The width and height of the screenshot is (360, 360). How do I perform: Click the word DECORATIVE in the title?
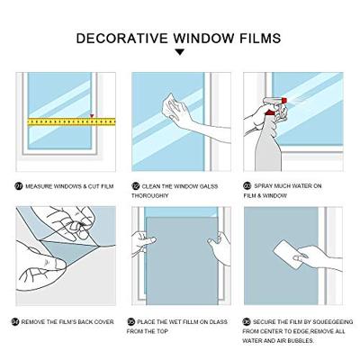pyautogui.click(x=122, y=39)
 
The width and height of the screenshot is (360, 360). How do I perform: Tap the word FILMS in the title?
pyautogui.click(x=260, y=39)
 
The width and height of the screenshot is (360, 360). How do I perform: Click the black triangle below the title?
pyautogui.click(x=180, y=52)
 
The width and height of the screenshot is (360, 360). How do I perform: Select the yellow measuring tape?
pyautogui.click(x=71, y=121)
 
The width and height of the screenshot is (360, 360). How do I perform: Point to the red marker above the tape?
pyautogui.click(x=92, y=115)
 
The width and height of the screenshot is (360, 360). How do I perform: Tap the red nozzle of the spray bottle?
pyautogui.click(x=283, y=100)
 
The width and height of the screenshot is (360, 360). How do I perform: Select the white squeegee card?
pyautogui.click(x=287, y=254)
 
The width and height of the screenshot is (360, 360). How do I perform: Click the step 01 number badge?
pyautogui.click(x=19, y=186)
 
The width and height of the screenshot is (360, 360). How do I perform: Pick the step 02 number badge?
pyautogui.click(x=136, y=186)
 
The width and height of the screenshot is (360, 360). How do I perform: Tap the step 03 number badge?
pyautogui.click(x=247, y=186)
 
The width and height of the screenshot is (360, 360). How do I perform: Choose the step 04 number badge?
pyautogui.click(x=15, y=322)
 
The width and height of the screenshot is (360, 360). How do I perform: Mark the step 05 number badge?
pyautogui.click(x=131, y=322)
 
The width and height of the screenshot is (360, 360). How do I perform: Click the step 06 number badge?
pyautogui.click(x=247, y=322)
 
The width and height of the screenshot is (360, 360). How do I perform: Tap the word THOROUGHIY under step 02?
pyautogui.click(x=150, y=195)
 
